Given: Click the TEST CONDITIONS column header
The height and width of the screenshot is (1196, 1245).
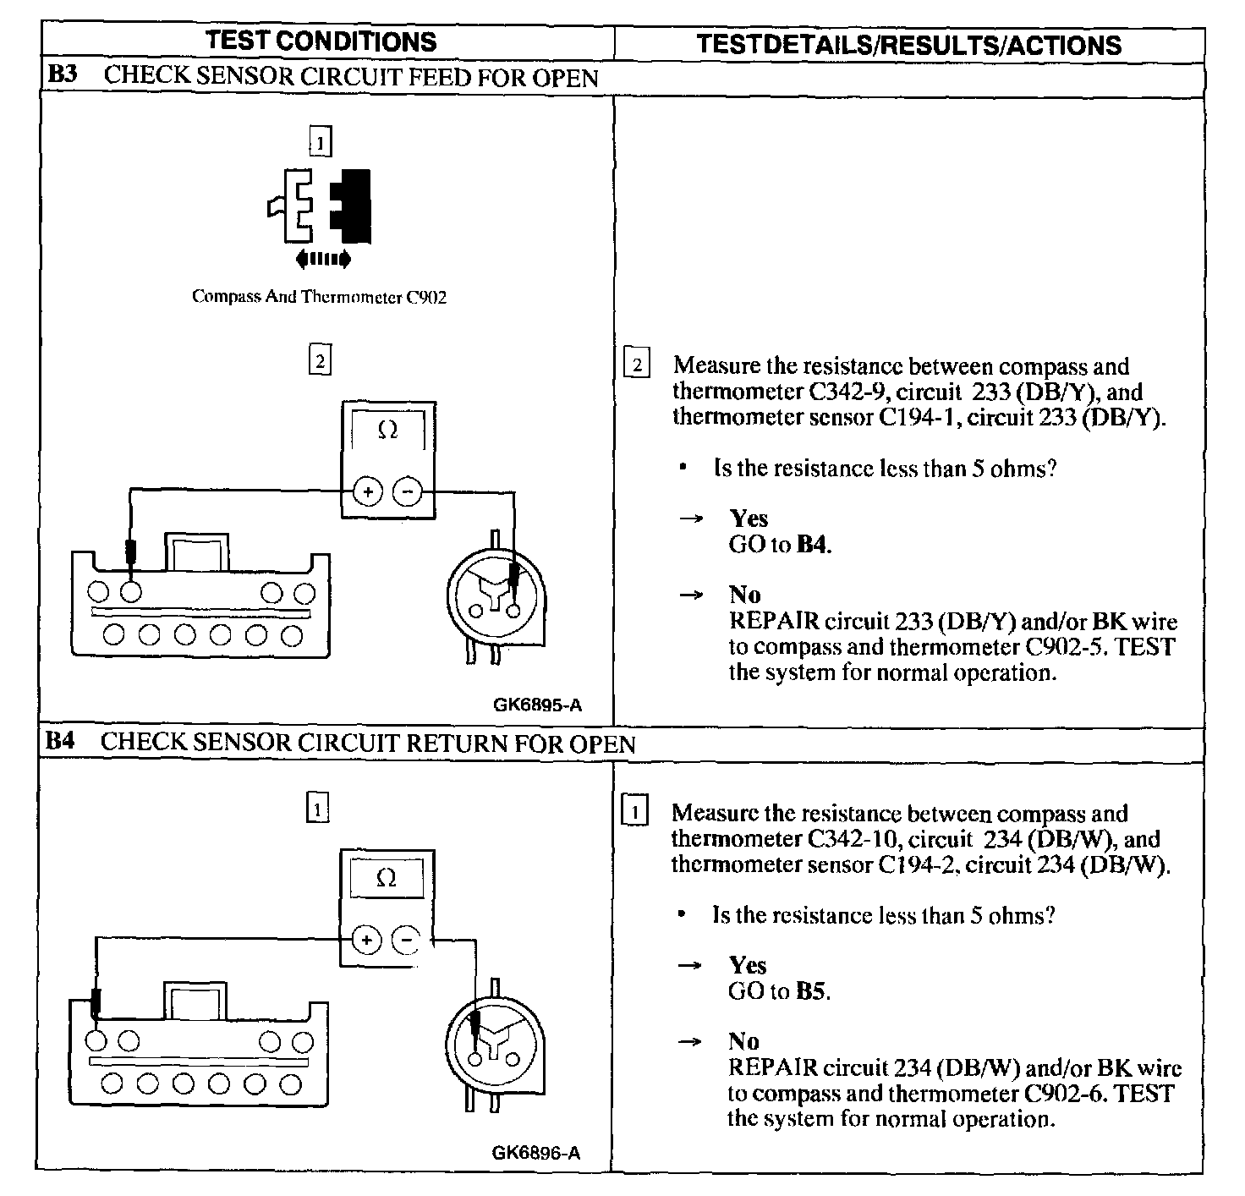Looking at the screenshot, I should click(321, 41).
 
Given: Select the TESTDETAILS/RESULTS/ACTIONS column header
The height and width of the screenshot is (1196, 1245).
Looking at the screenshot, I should click(909, 44).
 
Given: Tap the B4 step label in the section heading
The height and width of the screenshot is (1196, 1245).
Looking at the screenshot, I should click(60, 742).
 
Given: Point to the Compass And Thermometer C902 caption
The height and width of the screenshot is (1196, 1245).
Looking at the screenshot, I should click(319, 297).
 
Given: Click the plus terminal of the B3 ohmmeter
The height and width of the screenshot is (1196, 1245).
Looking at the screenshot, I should click(368, 491).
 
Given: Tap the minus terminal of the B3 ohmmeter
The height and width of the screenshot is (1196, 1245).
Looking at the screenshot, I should click(408, 491).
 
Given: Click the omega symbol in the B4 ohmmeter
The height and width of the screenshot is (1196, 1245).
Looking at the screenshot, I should click(386, 879).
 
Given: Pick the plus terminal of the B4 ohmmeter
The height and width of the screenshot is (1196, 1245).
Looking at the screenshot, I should click(366, 940).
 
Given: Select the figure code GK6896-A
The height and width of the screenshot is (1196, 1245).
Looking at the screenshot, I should click(535, 1152).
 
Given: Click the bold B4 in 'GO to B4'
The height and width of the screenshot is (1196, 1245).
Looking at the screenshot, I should click(811, 544).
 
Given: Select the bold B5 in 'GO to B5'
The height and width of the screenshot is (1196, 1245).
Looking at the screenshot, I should click(810, 990).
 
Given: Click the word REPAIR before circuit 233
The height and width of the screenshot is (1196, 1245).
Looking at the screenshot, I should click(774, 622).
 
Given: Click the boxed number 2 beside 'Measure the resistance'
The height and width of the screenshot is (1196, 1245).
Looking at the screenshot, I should click(637, 365).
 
